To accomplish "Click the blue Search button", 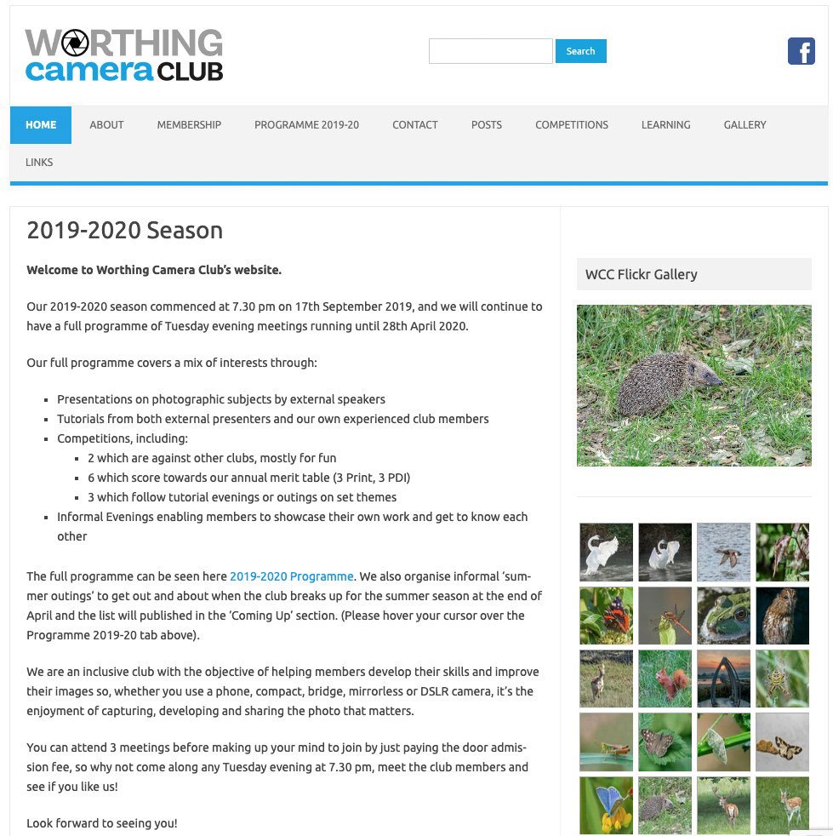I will (x=580, y=51).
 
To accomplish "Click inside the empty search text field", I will (x=490, y=51).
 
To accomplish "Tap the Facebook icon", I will (x=801, y=51).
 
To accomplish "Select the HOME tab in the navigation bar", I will (x=41, y=125).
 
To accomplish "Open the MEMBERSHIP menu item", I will (x=189, y=125).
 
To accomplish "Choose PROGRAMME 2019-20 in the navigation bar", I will (x=306, y=125).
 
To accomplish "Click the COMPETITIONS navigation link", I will (x=571, y=125).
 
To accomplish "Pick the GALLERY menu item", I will (x=745, y=125).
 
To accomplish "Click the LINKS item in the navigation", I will (x=39, y=163).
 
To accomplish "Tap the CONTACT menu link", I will (x=415, y=125).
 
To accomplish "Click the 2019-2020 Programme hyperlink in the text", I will (x=291, y=576).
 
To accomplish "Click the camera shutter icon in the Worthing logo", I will (x=75, y=43).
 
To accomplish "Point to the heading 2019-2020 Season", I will (x=125, y=231).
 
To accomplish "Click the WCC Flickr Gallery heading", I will (x=642, y=274).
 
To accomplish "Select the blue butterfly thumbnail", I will (x=606, y=805).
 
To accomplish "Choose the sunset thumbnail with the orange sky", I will (x=723, y=678).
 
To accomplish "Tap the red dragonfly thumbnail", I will (x=665, y=615).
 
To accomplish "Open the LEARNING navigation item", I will (x=665, y=125).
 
